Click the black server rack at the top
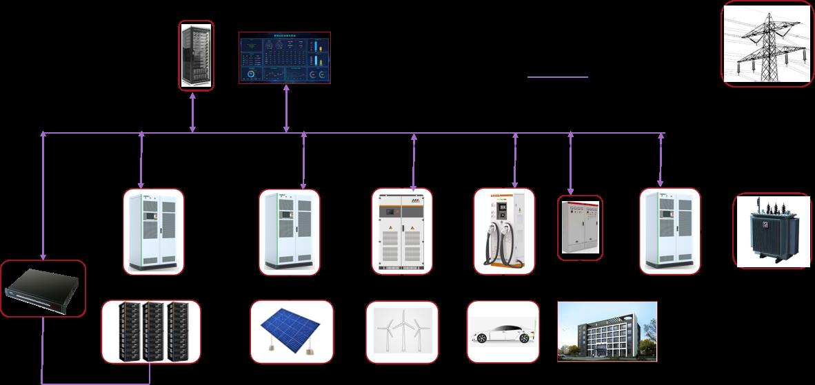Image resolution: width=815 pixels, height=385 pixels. click(196, 55)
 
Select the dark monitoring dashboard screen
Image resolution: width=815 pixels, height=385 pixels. click(285, 57)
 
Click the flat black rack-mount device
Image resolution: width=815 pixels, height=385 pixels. click(43, 288)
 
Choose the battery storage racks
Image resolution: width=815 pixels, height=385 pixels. click(151, 331)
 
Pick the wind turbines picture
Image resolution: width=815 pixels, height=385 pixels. click(402, 331)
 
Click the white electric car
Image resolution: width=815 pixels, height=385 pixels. click(502, 331)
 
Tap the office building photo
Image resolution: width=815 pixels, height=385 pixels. click(607, 331)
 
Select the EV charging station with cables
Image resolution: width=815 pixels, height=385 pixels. click(504, 230)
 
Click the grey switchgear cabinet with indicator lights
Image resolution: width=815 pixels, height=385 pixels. click(580, 229)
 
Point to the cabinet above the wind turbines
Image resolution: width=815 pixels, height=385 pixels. click(402, 230)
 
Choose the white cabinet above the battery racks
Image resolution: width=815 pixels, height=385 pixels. click(154, 230)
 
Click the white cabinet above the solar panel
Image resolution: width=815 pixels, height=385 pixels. click(290, 230)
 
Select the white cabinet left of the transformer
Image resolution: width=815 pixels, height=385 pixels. click(670, 230)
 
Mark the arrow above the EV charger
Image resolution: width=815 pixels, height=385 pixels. click(515, 160)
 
